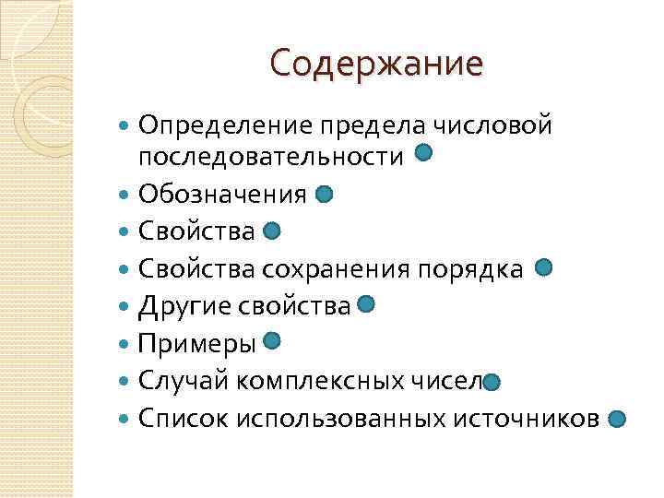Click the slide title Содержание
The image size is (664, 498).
tap(376, 64)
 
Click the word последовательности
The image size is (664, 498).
tap(271, 158)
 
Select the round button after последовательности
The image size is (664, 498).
tap(424, 153)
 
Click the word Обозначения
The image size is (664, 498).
tap(222, 195)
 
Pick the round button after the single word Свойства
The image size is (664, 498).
tap(272, 231)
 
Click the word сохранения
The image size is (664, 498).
tap(338, 268)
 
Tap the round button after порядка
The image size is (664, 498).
tap(543, 267)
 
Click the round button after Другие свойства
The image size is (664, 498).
tap(365, 304)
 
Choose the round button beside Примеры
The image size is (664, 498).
tap(272, 341)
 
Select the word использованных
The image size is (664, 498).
tap(340, 419)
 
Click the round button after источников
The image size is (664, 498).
tap(618, 419)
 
